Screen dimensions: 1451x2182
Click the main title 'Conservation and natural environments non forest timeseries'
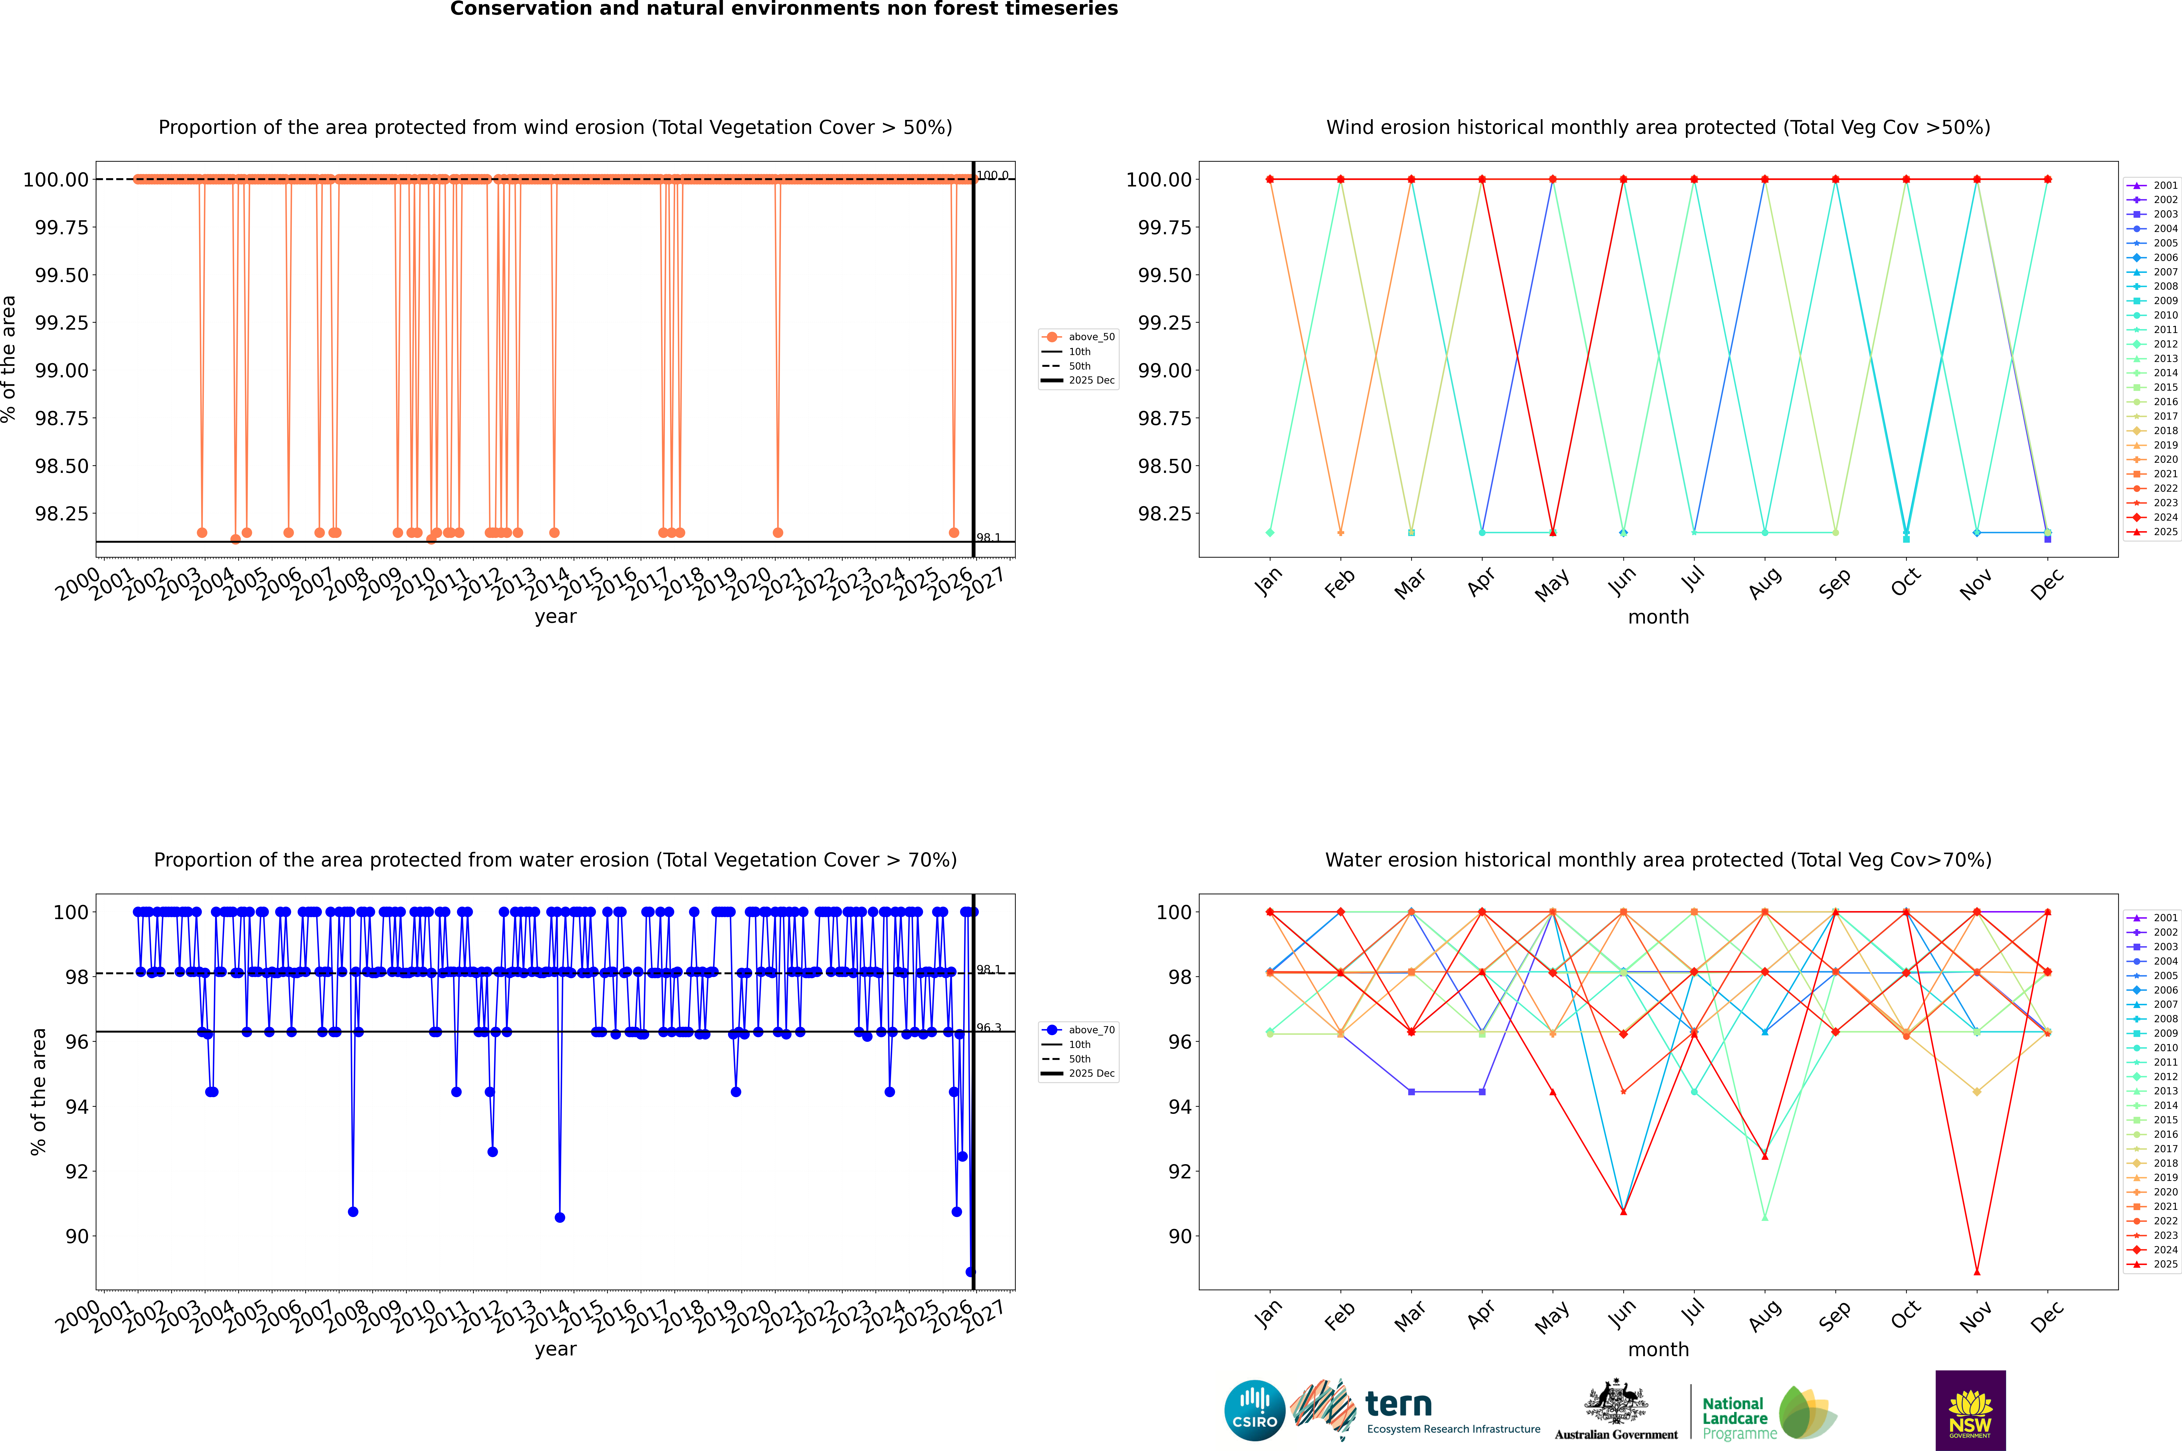[783, 9]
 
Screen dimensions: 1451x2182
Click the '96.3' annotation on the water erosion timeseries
[989, 1028]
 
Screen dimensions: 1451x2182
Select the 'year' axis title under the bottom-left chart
[555, 1349]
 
